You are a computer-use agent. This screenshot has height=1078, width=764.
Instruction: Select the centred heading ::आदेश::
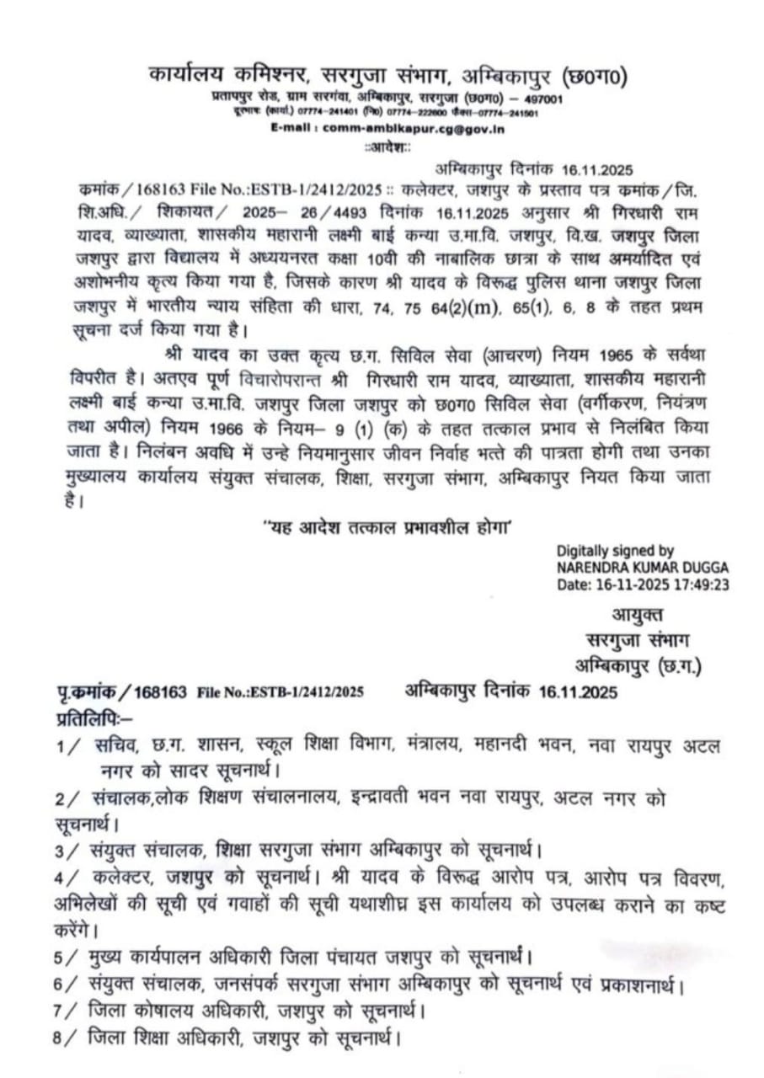pyautogui.click(x=387, y=147)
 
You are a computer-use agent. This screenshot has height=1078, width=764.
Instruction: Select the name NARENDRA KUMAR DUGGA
pyautogui.click(x=643, y=568)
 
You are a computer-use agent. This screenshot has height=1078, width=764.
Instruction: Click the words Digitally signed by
pyautogui.click(x=616, y=552)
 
